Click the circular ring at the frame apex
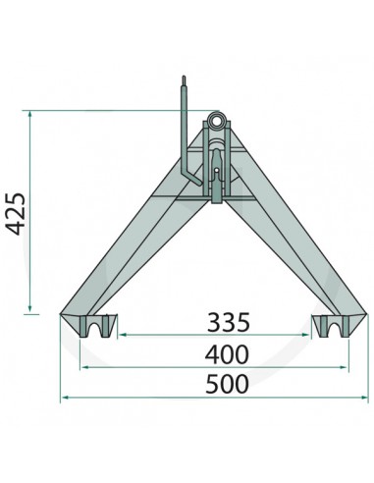coord(216,124)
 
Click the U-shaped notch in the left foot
coord(96,326)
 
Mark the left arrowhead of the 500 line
coord(65,399)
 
